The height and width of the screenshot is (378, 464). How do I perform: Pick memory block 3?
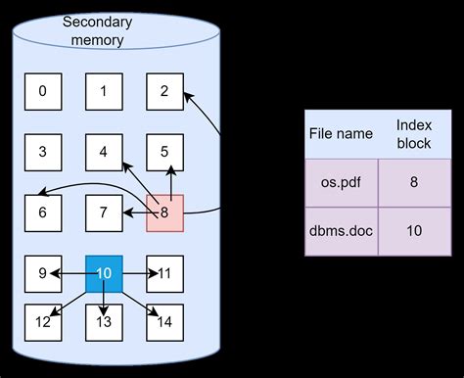[x=42, y=152]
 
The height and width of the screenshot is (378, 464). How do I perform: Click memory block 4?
[x=103, y=152]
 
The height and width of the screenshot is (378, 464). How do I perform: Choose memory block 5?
[x=164, y=152]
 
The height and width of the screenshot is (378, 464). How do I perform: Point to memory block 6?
[x=42, y=213]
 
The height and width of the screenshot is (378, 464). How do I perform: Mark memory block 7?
[x=103, y=213]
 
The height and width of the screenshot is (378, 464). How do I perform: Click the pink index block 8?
[x=164, y=213]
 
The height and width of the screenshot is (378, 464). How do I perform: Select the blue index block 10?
[x=104, y=273]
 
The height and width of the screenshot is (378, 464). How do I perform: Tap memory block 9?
[x=42, y=273]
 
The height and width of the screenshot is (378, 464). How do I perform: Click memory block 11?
[x=164, y=273]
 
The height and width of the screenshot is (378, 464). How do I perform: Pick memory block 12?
[x=42, y=321]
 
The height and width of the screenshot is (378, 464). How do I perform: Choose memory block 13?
[x=104, y=321]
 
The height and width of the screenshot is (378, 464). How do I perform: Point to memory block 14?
[x=164, y=321]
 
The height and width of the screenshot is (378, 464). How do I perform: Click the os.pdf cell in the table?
[x=341, y=181]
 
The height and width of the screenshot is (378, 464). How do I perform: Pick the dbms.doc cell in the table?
[x=341, y=230]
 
